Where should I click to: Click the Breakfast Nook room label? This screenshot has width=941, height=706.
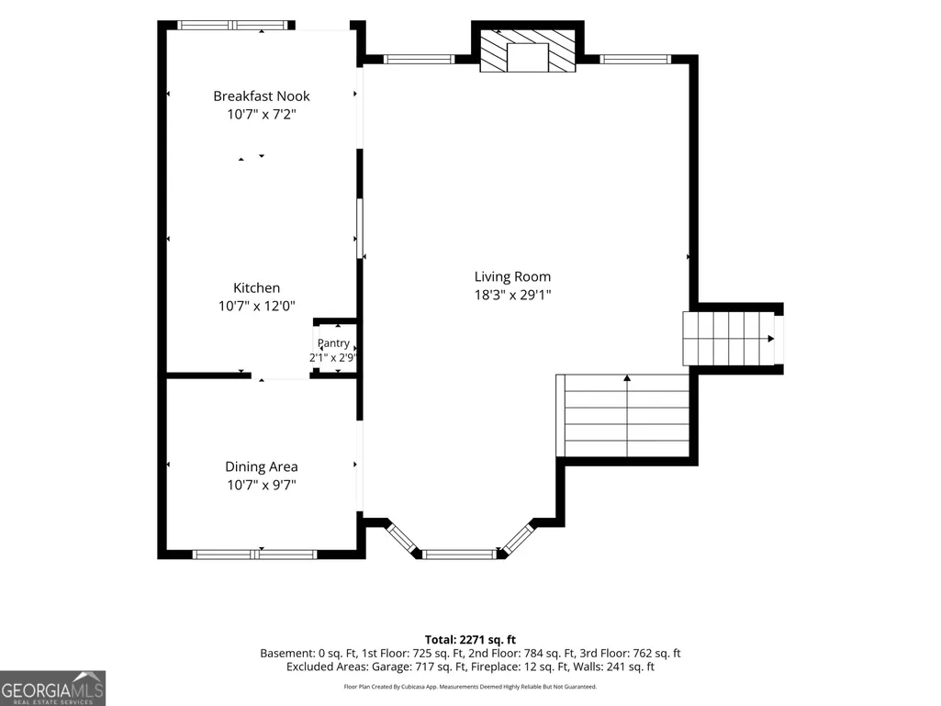[x=262, y=96]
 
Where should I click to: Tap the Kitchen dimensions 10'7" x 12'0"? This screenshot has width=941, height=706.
[x=257, y=306]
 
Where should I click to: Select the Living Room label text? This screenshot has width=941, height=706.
[x=512, y=276]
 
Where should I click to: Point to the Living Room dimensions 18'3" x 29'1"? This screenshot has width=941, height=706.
[x=512, y=295]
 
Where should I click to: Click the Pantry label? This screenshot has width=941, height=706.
[x=333, y=343]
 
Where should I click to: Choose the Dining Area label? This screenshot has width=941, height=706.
[x=262, y=466]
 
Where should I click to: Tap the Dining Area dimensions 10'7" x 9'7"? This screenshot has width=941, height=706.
[x=262, y=485]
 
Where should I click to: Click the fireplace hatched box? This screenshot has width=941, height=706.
[x=528, y=50]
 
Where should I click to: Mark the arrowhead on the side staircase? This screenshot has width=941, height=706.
[x=770, y=339]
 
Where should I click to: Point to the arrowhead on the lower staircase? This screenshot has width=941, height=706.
[x=627, y=378]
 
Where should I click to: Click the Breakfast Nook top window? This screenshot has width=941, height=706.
[x=233, y=25]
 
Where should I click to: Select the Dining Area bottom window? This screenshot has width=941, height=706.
[x=254, y=555]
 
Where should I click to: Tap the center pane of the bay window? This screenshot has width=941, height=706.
[x=460, y=555]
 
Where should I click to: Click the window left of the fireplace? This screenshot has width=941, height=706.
[x=419, y=59]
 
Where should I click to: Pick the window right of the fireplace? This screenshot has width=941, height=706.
[x=635, y=59]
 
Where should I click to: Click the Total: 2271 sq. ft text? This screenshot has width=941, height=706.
[x=470, y=640]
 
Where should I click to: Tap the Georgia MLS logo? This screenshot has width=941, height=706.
[x=53, y=689]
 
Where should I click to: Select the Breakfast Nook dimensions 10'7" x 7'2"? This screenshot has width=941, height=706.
[x=262, y=114]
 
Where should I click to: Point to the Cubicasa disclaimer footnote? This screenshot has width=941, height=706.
[x=470, y=687]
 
